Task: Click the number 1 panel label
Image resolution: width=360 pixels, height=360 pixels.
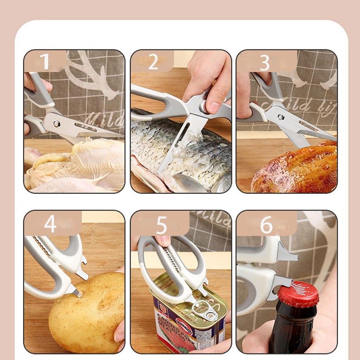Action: pos(45,62)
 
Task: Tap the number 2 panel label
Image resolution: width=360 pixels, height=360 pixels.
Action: pos(153,62)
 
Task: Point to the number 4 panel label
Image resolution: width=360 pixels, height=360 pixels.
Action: pos(50,224)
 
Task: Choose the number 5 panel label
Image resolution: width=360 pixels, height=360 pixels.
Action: pos(161,225)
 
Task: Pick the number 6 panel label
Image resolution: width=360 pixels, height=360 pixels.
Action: pos(266,225)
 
